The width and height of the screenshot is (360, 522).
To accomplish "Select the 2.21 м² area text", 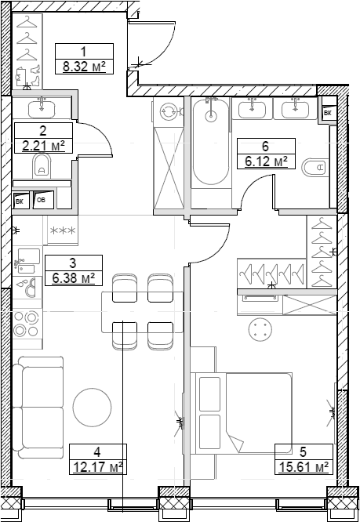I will (x=44, y=145).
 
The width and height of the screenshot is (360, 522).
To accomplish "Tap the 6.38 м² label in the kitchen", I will (x=74, y=277).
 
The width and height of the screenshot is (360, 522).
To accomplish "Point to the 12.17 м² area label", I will (x=97, y=467).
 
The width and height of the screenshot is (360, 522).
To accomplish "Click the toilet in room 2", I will (x=42, y=165).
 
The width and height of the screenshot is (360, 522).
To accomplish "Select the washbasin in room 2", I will (x=42, y=107).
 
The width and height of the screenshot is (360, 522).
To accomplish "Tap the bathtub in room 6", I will (x=209, y=141).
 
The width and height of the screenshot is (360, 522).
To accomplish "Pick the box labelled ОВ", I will (x=44, y=200).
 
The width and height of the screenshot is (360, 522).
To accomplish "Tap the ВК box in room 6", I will (x=327, y=113).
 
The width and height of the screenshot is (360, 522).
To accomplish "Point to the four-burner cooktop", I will (x=26, y=323).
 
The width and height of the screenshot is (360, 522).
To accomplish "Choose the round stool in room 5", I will (x=260, y=330).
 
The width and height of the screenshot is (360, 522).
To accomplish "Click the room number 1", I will (x=83, y=52).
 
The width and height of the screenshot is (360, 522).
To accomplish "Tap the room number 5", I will (x=304, y=452).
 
